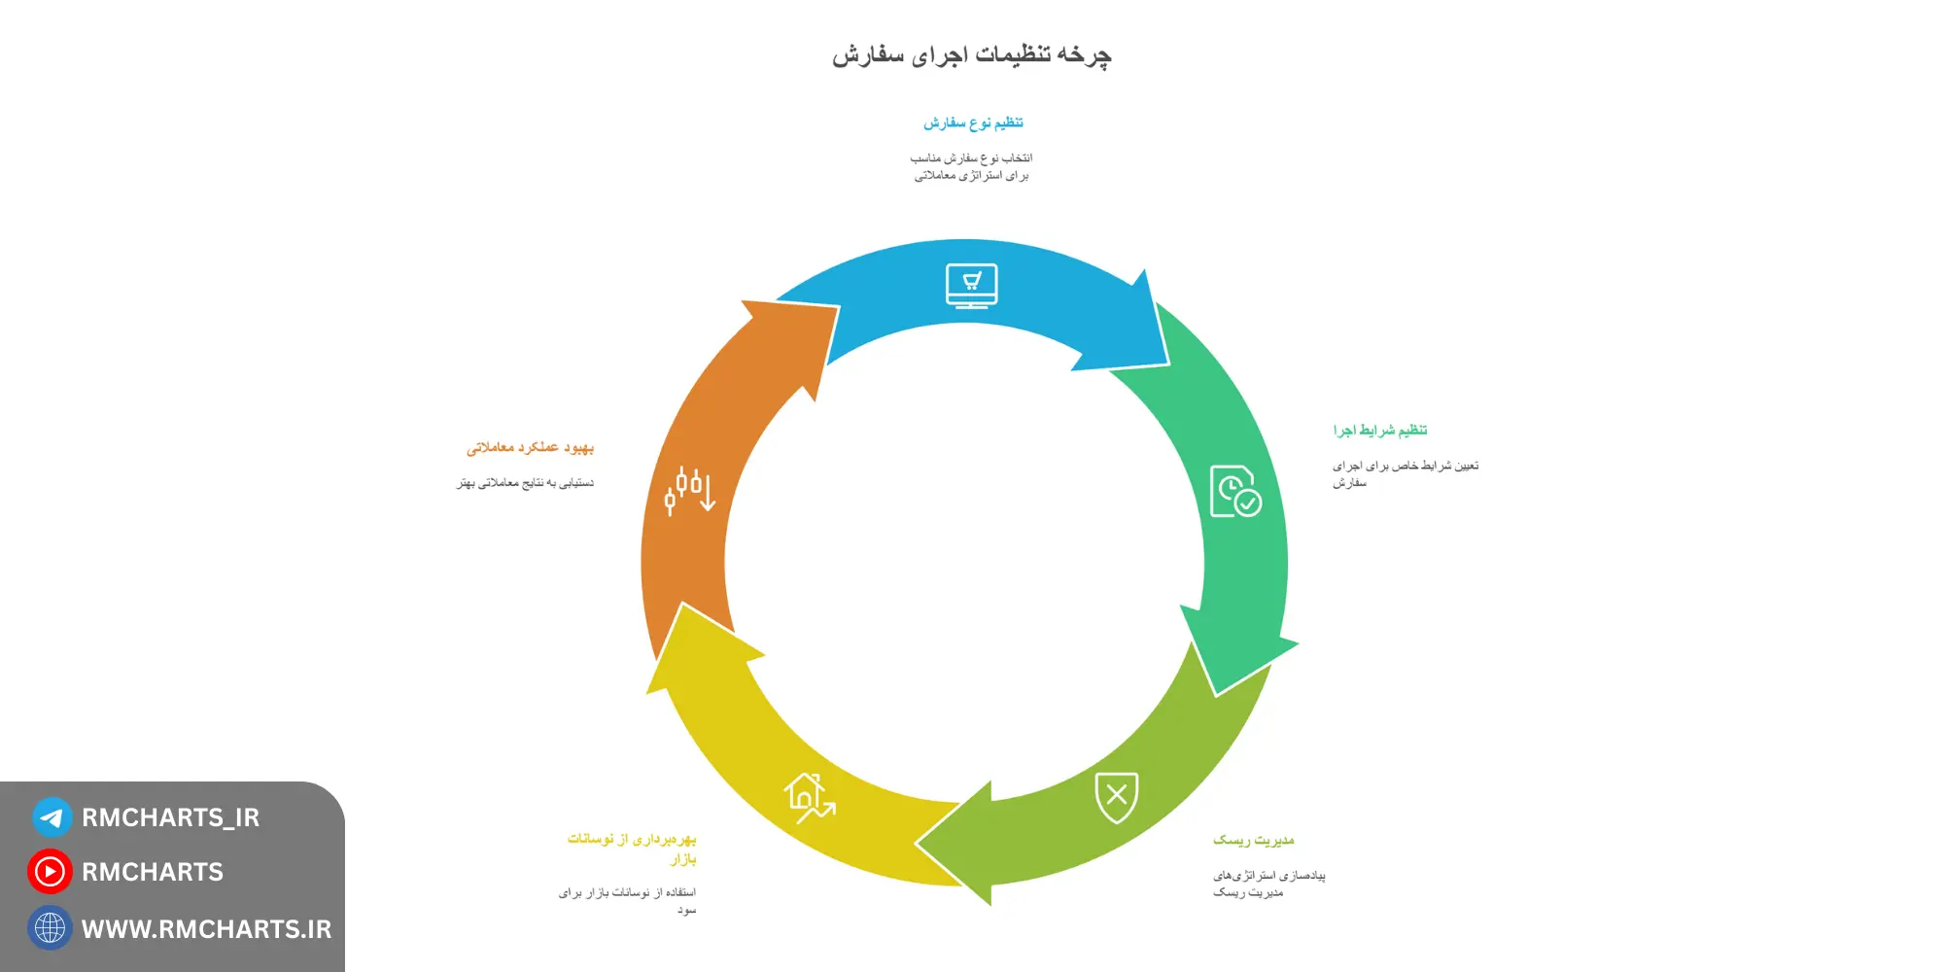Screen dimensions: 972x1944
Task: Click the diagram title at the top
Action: (971, 55)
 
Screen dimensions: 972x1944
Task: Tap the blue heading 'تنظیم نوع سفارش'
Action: (973, 123)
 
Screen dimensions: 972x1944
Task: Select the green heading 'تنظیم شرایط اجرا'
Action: (1379, 431)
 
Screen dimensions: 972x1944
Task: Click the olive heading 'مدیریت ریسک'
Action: (1253, 840)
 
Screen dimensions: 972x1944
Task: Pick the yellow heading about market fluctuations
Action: (633, 848)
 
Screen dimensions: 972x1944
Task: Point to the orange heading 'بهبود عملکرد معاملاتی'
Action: (530, 448)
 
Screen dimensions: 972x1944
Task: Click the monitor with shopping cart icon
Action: (971, 286)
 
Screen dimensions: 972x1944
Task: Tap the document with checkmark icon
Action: (1234, 491)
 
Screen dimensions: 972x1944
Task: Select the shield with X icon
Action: (1116, 797)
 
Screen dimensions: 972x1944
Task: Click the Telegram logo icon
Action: (52, 817)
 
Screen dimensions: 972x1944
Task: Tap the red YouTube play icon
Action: (50, 872)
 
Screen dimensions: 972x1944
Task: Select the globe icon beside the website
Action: (50, 928)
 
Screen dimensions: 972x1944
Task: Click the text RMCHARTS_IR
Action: (170, 817)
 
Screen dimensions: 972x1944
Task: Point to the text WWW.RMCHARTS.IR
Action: (206, 929)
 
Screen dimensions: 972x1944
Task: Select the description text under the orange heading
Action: (525, 483)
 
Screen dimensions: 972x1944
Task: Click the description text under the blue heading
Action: (971, 166)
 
